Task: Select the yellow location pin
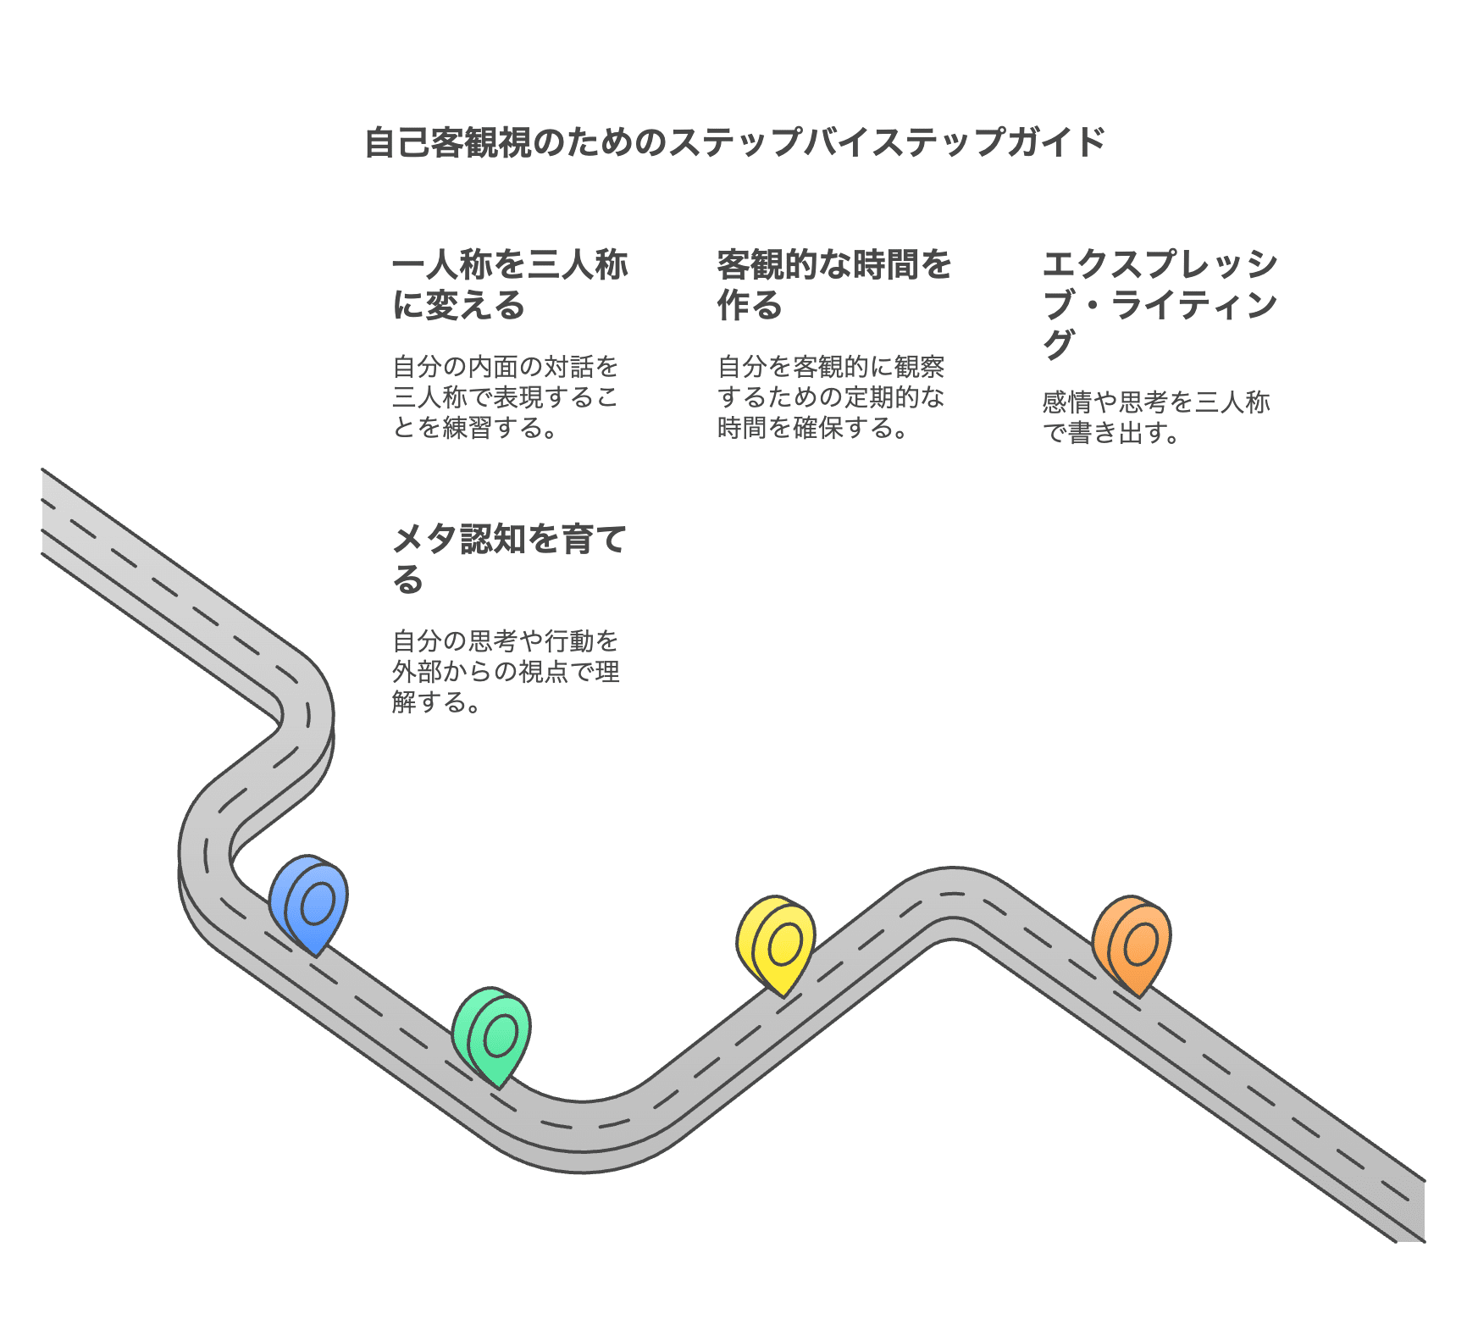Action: [777, 944]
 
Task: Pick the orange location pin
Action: [1132, 944]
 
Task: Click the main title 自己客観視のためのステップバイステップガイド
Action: [734, 141]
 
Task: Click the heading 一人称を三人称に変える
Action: [509, 285]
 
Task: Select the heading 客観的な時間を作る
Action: [834, 285]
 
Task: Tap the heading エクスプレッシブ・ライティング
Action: [1160, 303]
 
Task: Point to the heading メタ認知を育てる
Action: [509, 559]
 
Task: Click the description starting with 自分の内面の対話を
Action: [506, 396]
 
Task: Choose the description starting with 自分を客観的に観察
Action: [831, 396]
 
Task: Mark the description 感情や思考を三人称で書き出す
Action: [1156, 417]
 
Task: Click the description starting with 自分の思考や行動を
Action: [506, 671]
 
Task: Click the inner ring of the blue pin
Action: [318, 902]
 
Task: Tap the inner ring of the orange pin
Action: [1142, 943]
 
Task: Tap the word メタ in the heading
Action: [425, 539]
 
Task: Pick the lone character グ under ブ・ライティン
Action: [1059, 344]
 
